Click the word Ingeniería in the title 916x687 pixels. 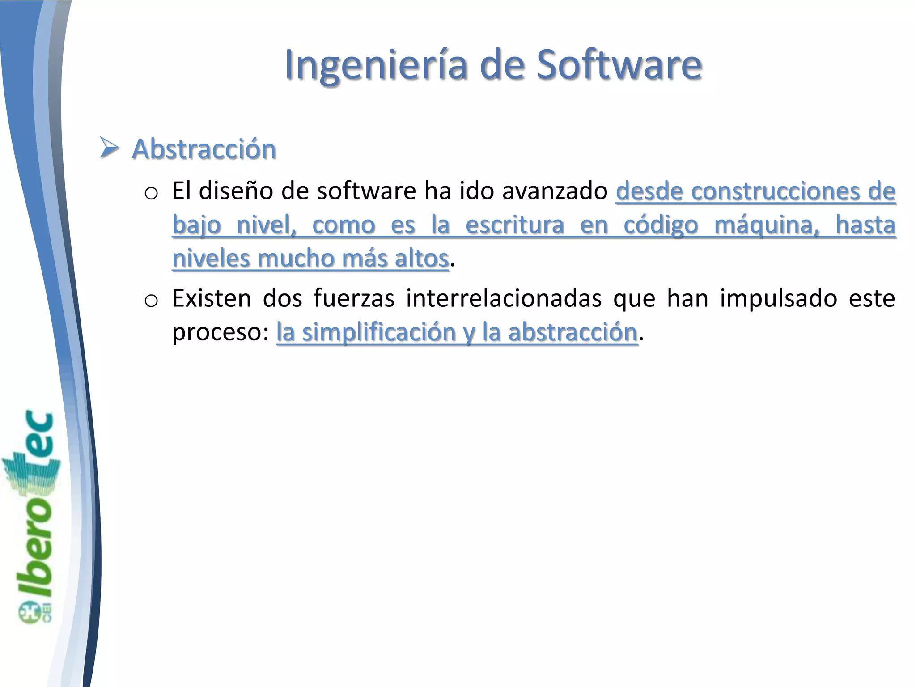coord(377,65)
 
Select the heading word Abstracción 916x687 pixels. coord(204,149)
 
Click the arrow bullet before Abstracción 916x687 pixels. coord(109,148)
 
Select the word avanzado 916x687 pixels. coord(555,191)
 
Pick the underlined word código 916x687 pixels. coord(661,225)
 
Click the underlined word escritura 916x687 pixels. coord(514,225)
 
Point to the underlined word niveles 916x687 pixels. coord(212,259)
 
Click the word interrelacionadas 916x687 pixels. coord(504,298)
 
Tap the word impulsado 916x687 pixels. coord(778,298)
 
